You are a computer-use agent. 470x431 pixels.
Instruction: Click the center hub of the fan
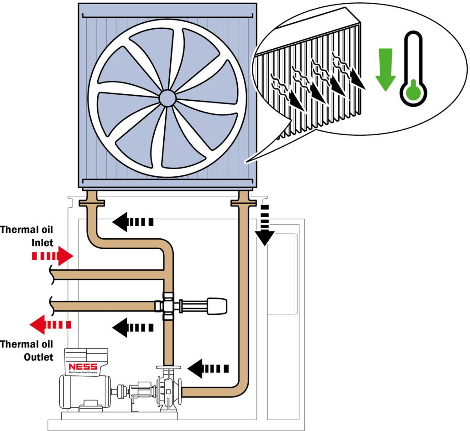[167, 97]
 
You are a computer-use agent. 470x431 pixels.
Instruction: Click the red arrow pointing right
[52, 256]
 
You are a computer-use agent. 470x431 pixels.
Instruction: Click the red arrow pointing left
[50, 324]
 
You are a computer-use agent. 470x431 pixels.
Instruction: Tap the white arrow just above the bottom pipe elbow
[208, 368]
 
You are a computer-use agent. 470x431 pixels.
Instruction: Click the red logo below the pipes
[83, 367]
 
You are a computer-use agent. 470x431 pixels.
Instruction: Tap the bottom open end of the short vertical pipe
[168, 362]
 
